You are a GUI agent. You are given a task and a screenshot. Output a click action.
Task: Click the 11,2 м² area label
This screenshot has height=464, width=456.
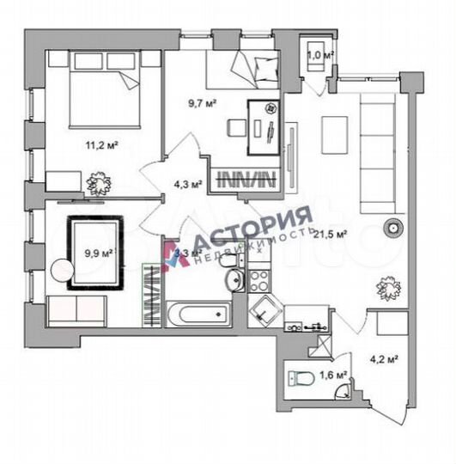pyautogui.click(x=101, y=144)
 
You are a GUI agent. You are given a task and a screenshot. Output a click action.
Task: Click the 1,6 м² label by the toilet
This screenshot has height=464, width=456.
pyautogui.click(x=334, y=375)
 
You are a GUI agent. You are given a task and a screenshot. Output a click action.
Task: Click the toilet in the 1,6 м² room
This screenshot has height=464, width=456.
pyautogui.click(x=301, y=377)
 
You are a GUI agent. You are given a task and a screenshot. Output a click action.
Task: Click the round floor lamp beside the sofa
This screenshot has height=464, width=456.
pyautogui.click(x=392, y=229)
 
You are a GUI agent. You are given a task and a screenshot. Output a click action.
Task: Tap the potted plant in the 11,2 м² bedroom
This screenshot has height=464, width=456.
pyautogui.click(x=97, y=182)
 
